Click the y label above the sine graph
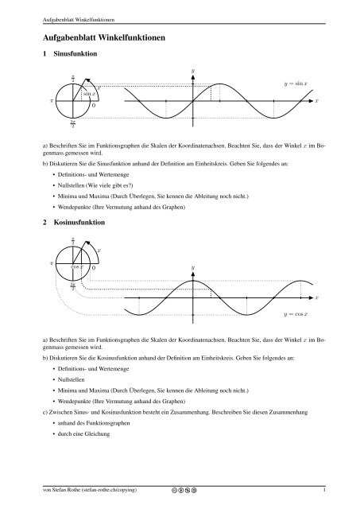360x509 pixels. (x=192, y=72)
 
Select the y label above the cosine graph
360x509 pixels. (x=192, y=267)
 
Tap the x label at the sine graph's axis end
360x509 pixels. (x=316, y=102)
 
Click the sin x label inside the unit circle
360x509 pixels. (x=90, y=94)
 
